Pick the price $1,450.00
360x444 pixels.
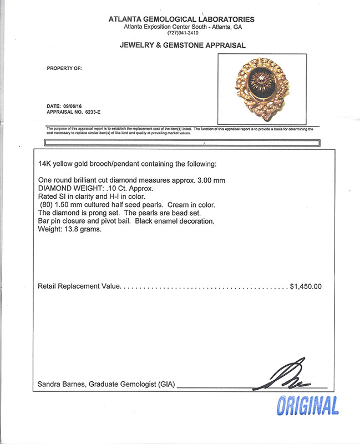point(306,287)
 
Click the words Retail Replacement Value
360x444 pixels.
point(79,287)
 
